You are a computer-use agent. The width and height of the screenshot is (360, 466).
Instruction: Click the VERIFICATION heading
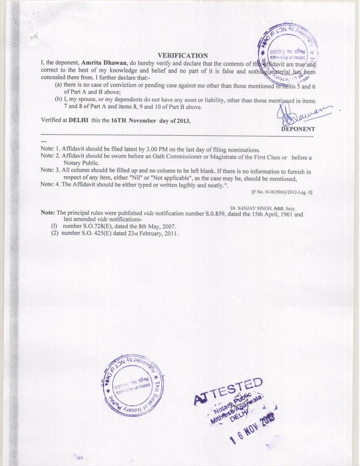pos(183,56)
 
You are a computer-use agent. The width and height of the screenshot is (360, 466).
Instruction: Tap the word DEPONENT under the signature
pos(298,129)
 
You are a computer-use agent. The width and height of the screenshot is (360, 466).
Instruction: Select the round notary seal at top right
pos(288,53)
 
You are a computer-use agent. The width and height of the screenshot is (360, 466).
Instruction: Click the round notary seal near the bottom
pos(132,385)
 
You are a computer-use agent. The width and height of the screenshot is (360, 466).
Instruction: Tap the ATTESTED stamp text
pos(228,391)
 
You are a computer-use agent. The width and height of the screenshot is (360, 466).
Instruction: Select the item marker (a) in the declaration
pos(58,85)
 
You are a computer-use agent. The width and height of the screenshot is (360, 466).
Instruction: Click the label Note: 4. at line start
pos(50,184)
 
